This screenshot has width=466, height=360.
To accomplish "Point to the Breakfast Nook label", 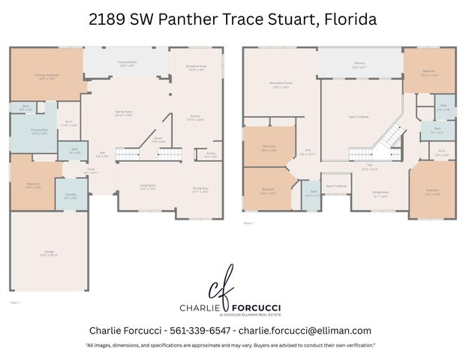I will [196, 67].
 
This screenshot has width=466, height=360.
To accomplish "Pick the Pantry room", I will [212, 155].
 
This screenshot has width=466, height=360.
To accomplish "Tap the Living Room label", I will [146, 187].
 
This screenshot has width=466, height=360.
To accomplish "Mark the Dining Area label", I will [200, 190].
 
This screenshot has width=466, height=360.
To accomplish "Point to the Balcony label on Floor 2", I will [359, 64].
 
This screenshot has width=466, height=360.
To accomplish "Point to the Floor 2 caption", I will [248, 223].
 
